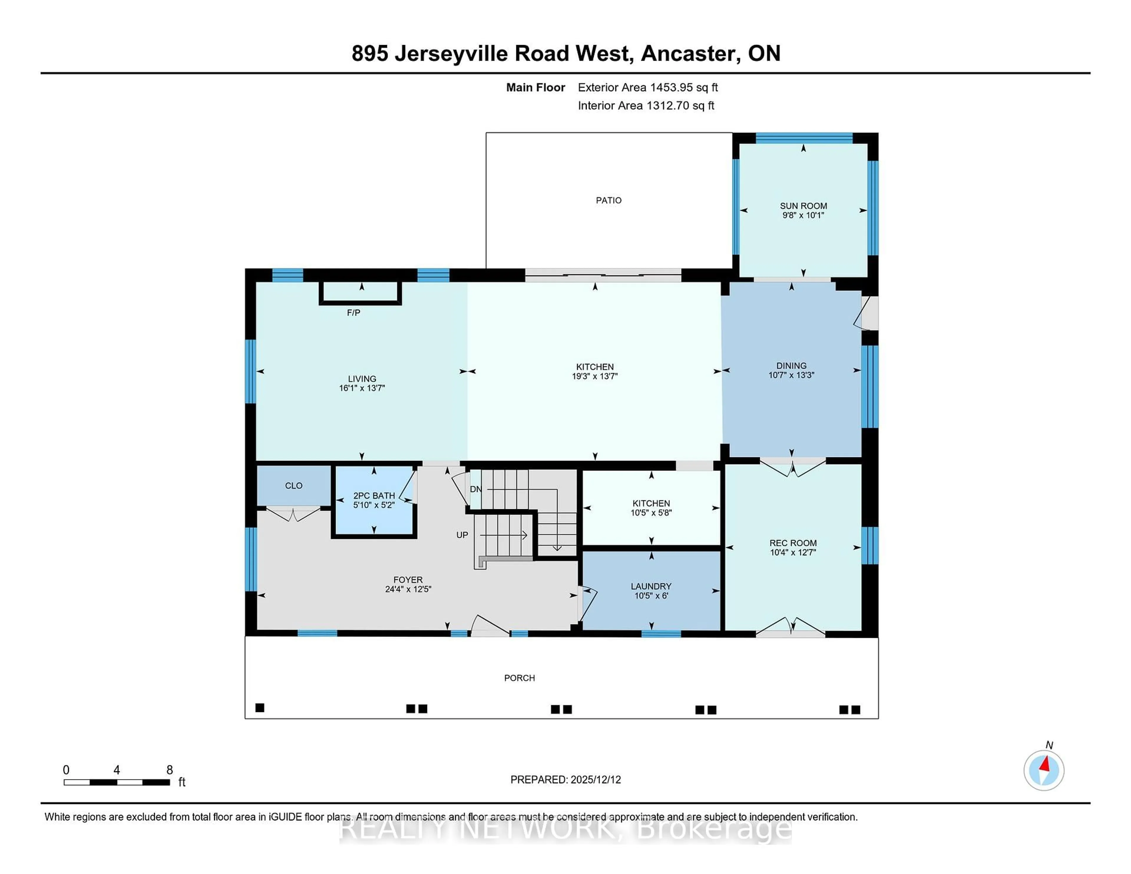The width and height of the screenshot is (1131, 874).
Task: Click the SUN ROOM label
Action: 803,206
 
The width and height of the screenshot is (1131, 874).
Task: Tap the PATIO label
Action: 609,200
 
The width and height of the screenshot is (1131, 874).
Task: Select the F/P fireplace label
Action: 354,313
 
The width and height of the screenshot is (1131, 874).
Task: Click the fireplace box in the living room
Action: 361,292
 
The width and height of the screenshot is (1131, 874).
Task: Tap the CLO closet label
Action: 294,486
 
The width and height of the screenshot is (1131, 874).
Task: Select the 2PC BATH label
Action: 374,496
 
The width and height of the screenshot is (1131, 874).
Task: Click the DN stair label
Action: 475,489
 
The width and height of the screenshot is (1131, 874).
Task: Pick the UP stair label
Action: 462,535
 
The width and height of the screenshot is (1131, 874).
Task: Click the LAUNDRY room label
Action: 651,586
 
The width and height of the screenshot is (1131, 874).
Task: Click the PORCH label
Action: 520,678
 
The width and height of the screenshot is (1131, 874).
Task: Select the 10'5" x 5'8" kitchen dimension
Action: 651,513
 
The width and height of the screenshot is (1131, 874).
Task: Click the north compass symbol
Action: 1044,770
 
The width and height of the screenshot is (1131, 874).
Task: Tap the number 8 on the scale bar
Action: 169,770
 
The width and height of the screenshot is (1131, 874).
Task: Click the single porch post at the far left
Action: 260,708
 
